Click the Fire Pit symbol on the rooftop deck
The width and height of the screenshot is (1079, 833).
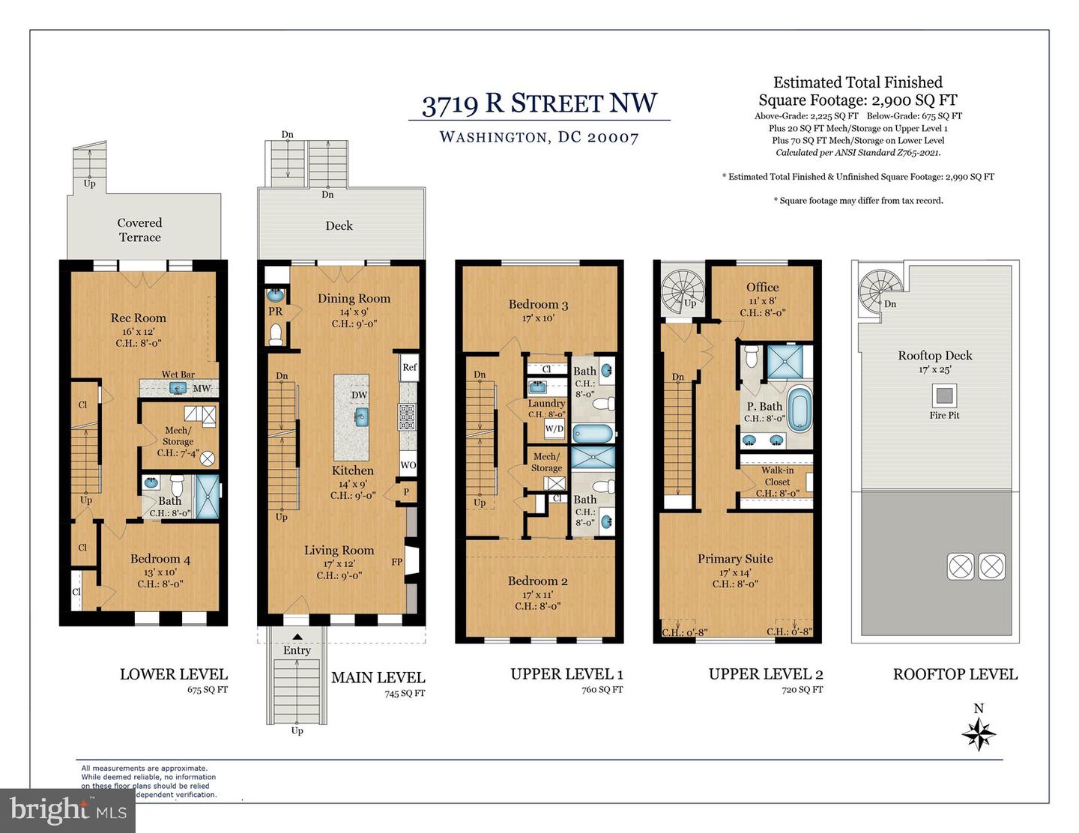click(944, 394)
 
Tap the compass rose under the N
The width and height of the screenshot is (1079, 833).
click(979, 734)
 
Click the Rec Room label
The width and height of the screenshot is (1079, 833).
click(139, 318)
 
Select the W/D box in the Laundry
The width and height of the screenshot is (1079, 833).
click(554, 429)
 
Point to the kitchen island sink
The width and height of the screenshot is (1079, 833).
click(361, 416)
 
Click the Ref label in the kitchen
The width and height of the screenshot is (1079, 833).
click(409, 367)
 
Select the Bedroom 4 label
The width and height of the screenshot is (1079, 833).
click(160, 559)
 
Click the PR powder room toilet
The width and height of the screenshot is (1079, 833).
click(275, 333)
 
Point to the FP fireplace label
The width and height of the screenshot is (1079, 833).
click(396, 562)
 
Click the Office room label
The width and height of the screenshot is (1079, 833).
click(762, 287)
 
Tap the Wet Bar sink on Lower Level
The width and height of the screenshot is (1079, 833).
click(178, 388)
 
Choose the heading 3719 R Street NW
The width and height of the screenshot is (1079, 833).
click(539, 103)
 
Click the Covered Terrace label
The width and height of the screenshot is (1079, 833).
click(139, 230)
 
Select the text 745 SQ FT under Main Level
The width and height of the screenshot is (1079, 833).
click(404, 693)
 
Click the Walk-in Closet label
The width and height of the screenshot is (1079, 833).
click(777, 476)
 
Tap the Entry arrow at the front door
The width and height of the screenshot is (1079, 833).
click(297, 637)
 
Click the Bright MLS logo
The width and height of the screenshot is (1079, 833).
click(67, 810)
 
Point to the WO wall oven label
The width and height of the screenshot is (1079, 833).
click(408, 465)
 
